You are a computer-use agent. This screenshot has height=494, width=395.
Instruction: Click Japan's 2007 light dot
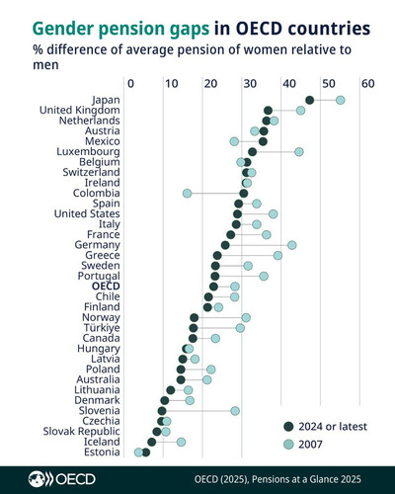341,100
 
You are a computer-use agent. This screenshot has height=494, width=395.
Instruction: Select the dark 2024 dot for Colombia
244,194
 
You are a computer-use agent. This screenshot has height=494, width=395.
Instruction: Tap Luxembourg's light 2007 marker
299,152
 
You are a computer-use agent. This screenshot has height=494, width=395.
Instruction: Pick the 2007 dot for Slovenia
235,411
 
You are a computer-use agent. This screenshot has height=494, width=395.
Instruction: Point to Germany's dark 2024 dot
225,245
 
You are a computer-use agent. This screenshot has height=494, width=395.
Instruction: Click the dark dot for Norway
195,317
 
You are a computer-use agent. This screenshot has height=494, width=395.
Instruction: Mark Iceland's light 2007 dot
181,442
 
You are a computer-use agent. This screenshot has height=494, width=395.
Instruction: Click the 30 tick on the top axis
250,84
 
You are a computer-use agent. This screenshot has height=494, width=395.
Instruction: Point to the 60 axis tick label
368,84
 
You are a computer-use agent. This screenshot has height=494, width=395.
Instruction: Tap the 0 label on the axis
130,84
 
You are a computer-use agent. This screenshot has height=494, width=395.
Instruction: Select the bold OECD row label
106,287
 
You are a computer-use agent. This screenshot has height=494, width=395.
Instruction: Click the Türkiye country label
102,328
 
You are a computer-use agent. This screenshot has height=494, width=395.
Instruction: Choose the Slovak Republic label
81,431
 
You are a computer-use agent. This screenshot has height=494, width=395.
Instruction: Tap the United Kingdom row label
80,111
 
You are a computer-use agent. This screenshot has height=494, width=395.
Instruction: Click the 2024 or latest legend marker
288,427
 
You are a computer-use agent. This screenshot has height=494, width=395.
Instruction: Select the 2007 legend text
310,445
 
